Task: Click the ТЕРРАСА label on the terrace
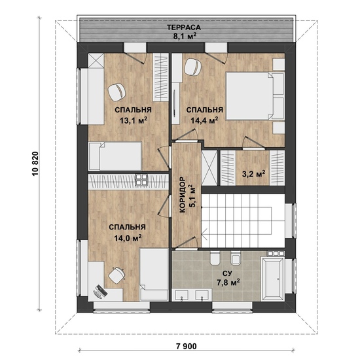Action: pyautogui.click(x=184, y=27)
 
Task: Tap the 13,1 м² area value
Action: pyautogui.click(x=134, y=120)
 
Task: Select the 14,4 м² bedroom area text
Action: pyautogui.click(x=204, y=120)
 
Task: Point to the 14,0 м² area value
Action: pyautogui.click(x=128, y=237)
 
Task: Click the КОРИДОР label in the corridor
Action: pyautogui.click(x=183, y=195)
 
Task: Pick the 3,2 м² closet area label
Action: pyautogui.click(x=253, y=174)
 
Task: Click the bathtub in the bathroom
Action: pyautogui.click(x=273, y=279)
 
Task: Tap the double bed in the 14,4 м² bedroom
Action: pyautogui.click(x=255, y=96)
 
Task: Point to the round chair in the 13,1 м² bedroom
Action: pyautogui.click(x=117, y=92)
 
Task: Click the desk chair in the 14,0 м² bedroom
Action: pyautogui.click(x=117, y=275)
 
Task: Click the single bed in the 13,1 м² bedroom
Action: pyautogui.click(x=115, y=156)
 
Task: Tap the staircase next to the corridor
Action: pyautogui.click(x=243, y=221)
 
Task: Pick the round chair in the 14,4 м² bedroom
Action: pyautogui.click(x=192, y=67)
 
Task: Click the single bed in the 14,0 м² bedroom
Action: pyautogui.click(x=154, y=275)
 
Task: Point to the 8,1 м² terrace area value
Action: pyautogui.click(x=184, y=36)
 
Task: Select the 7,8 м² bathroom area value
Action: pyautogui.click(x=227, y=283)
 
